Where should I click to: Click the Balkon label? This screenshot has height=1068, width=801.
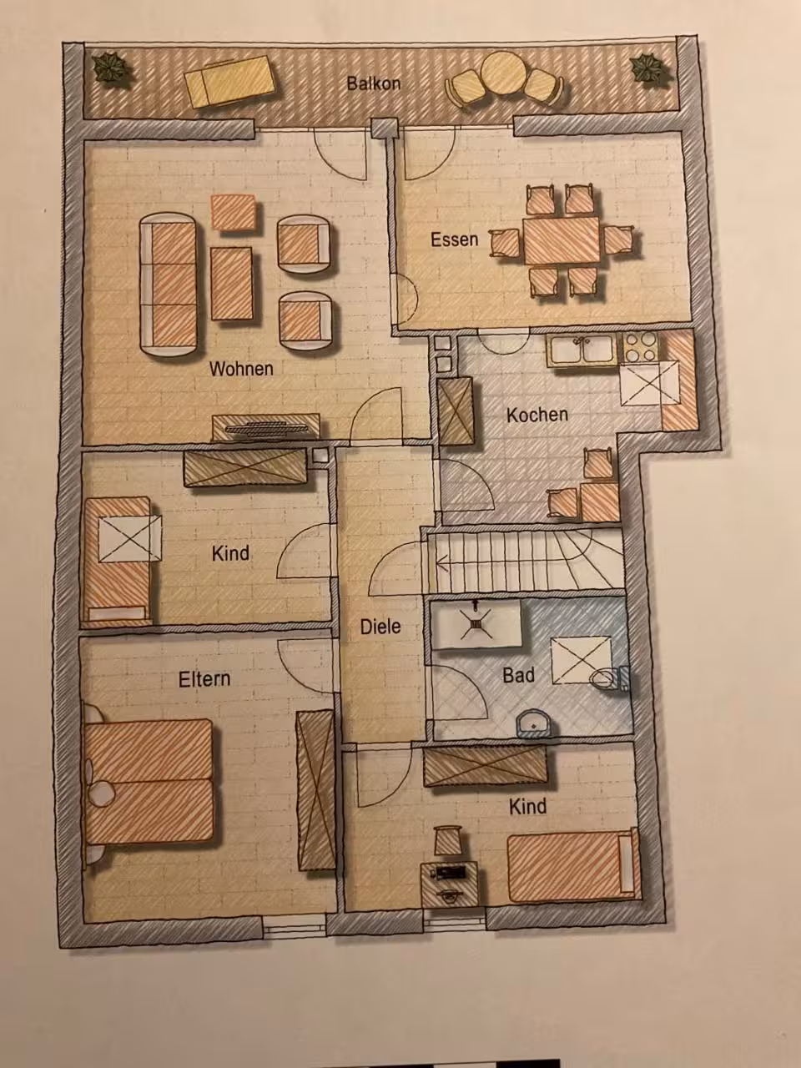(x=374, y=83)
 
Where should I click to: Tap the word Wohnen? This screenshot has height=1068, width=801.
(x=241, y=369)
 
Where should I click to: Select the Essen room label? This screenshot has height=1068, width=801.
(x=454, y=239)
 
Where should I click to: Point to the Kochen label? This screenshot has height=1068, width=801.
(x=537, y=415)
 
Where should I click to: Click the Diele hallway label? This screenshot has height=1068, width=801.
(x=380, y=627)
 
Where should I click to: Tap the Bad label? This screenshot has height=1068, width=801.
(x=518, y=675)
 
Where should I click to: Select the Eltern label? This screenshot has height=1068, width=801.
(x=204, y=679)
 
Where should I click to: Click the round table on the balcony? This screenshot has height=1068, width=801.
(x=503, y=73)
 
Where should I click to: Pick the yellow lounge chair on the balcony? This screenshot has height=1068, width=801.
(x=230, y=81)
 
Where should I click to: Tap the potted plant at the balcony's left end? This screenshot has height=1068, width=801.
(x=113, y=68)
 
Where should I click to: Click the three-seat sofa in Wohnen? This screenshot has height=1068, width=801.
(x=169, y=285)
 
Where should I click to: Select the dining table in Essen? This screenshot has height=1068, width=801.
(x=562, y=241)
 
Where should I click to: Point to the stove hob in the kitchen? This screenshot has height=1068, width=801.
(x=641, y=347)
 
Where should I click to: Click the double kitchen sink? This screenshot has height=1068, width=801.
(x=583, y=350)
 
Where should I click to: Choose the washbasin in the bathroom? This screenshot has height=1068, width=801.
(x=534, y=723)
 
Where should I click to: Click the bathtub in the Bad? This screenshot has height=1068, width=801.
(x=476, y=624)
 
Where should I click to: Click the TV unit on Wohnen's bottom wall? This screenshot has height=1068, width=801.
(x=266, y=427)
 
